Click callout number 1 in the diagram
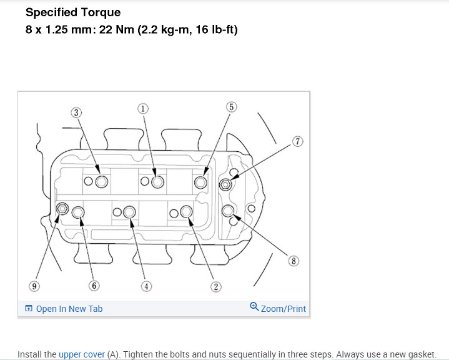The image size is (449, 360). click(x=143, y=108)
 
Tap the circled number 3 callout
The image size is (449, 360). click(x=76, y=112)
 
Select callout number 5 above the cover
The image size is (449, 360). click(x=232, y=107)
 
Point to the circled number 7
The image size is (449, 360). click(x=297, y=141)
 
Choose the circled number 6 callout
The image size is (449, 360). click(x=94, y=286)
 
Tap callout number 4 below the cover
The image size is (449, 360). click(x=146, y=287)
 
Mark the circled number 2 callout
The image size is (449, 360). click(x=215, y=287)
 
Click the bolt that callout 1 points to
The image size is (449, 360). click(x=157, y=181)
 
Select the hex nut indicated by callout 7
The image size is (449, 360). click(x=225, y=184)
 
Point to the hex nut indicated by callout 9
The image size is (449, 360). click(x=62, y=208)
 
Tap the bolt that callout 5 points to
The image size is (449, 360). click(x=200, y=182)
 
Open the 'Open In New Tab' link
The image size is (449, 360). click(x=69, y=309)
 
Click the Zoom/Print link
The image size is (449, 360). click(x=283, y=309)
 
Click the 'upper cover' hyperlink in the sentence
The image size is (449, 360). click(x=81, y=354)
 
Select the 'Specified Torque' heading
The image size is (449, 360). click(x=73, y=12)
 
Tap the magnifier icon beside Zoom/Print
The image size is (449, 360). click(x=254, y=307)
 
